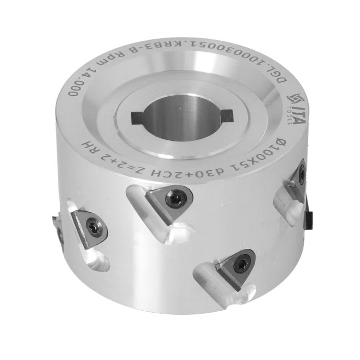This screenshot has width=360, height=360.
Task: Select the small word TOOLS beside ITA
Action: click(x=290, y=116)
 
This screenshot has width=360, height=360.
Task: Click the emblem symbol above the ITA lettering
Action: click(x=294, y=98)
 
